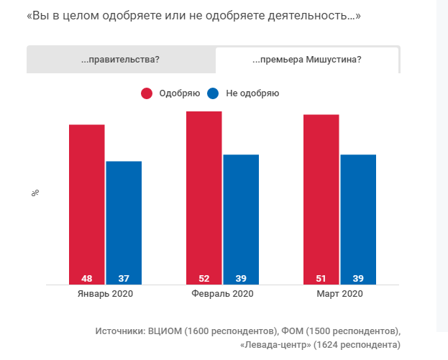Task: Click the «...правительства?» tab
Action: (121, 60)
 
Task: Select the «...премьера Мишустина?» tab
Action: (307, 60)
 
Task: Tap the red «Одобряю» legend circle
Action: (147, 93)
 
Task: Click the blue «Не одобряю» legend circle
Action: (212, 93)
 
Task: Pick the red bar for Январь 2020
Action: (87, 201)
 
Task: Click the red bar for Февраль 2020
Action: (204, 194)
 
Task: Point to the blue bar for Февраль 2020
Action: (241, 216)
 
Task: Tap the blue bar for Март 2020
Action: (358, 216)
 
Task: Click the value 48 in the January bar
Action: (87, 278)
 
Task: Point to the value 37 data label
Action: (124, 278)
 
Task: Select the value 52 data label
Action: (204, 278)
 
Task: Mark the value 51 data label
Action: (321, 278)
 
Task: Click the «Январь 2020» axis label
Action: (105, 294)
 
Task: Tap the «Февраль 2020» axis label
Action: (222, 294)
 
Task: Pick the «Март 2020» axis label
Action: (339, 294)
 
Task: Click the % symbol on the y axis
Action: (35, 193)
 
